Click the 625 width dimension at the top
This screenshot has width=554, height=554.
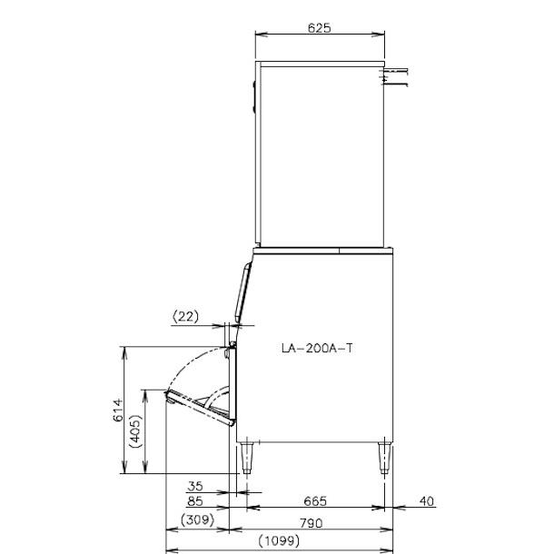click(x=319, y=28)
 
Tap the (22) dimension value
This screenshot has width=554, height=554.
click(x=185, y=317)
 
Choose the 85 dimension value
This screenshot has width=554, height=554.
click(x=194, y=500)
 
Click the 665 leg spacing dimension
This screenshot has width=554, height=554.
click(x=314, y=500)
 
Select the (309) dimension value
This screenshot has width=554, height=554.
click(x=197, y=521)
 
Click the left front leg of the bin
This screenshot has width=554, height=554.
click(x=246, y=458)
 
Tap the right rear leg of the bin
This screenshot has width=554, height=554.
click(x=383, y=457)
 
